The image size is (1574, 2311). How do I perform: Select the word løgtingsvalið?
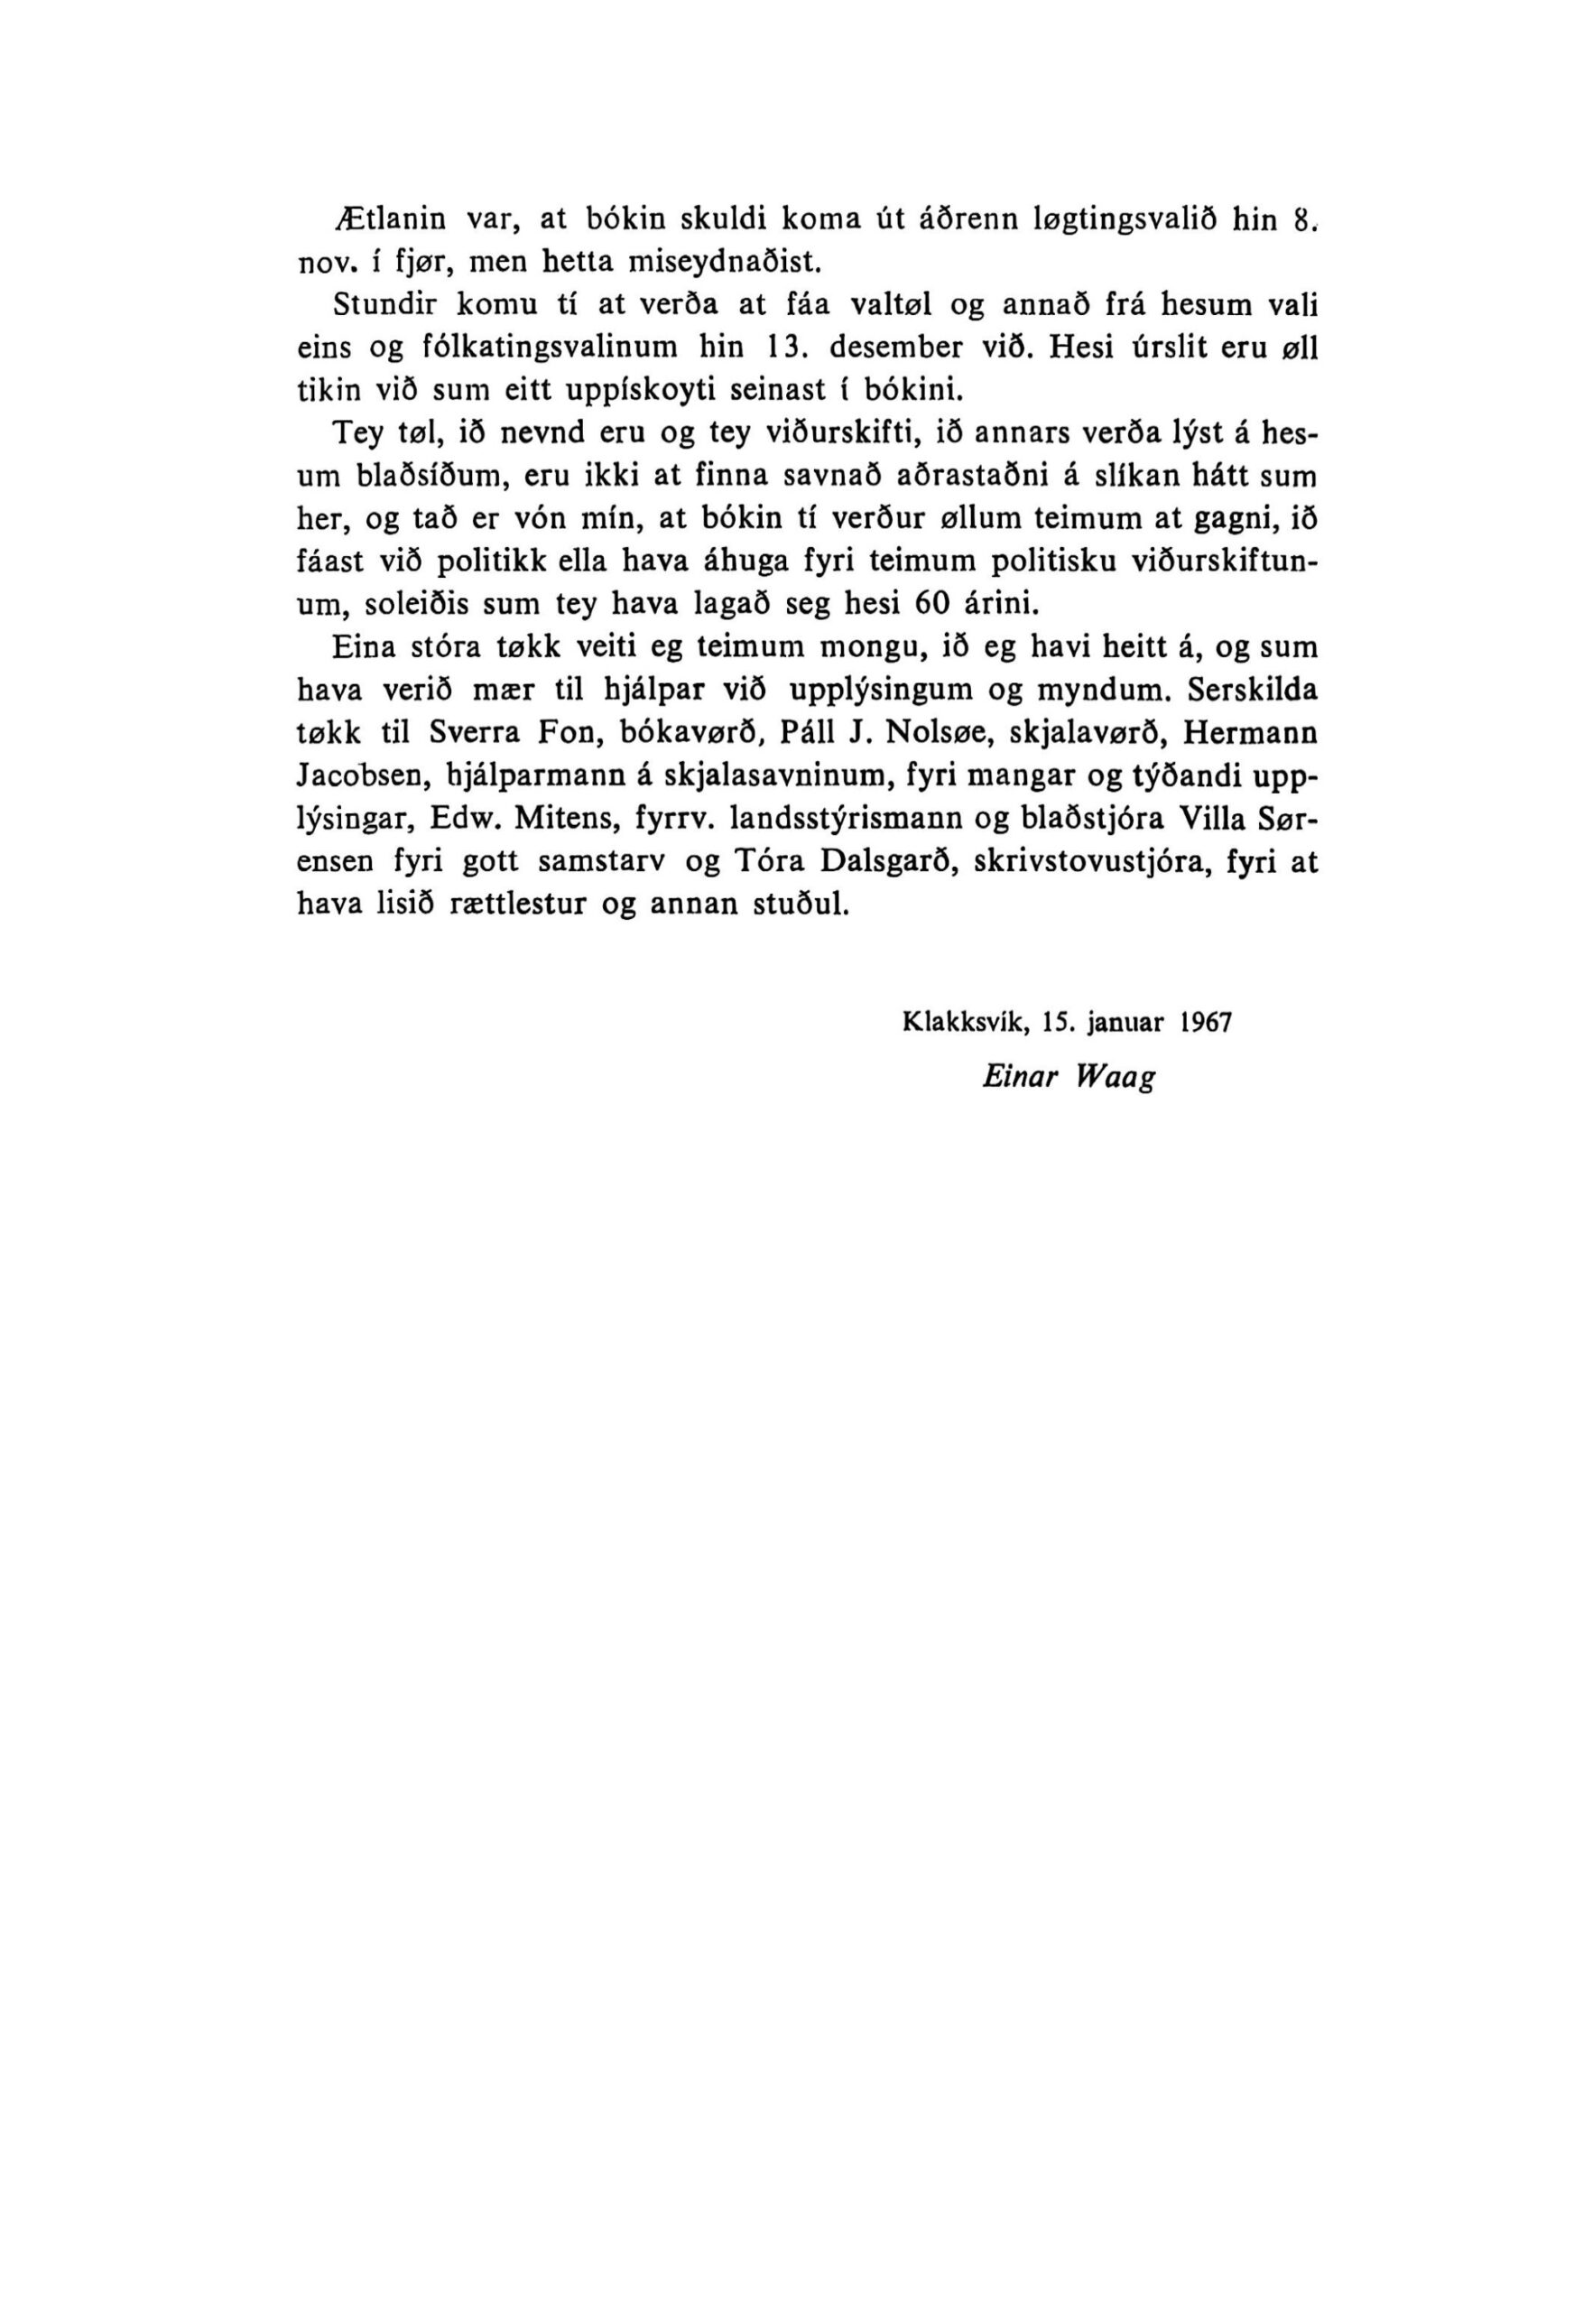(1125, 219)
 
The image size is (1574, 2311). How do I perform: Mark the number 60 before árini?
(935, 605)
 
